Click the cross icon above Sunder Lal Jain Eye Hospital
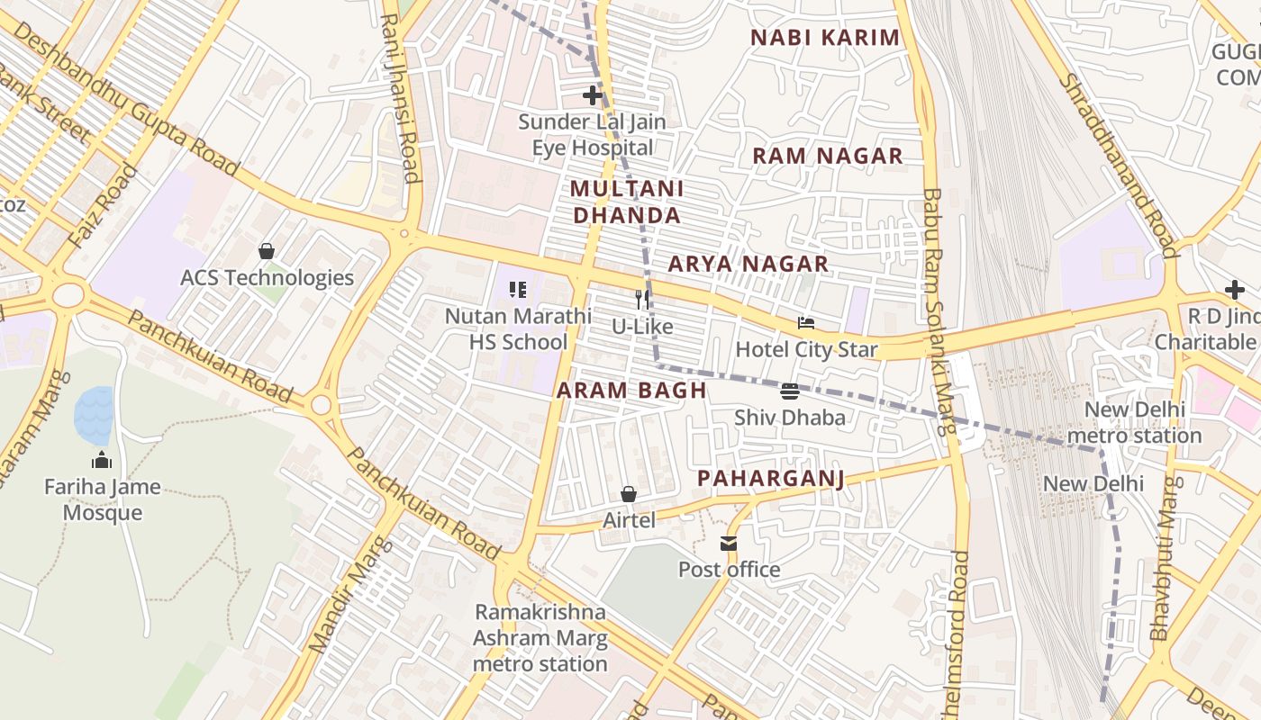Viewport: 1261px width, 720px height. (x=592, y=94)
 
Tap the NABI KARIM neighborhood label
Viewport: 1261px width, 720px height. (x=825, y=38)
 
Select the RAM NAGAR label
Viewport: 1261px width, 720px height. (x=827, y=156)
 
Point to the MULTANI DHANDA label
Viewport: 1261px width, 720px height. (x=627, y=202)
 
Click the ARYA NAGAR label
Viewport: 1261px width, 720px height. (x=748, y=264)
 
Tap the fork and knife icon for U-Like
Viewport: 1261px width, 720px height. (x=642, y=299)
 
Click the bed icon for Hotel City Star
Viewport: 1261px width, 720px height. (x=806, y=323)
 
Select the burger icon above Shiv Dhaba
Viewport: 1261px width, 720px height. (x=790, y=391)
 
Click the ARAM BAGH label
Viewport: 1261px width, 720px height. (x=630, y=391)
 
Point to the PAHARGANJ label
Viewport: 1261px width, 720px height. (x=771, y=478)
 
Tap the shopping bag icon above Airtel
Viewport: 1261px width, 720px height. (x=629, y=494)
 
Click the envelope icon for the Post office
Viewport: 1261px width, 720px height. (x=729, y=544)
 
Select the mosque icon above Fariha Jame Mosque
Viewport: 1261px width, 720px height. (x=102, y=461)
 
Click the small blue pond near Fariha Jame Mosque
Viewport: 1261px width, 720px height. (x=94, y=415)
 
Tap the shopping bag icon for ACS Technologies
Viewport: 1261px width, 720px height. (x=267, y=251)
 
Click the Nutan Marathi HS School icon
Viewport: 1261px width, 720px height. (x=518, y=290)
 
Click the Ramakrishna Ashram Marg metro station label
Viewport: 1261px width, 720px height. (x=540, y=638)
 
